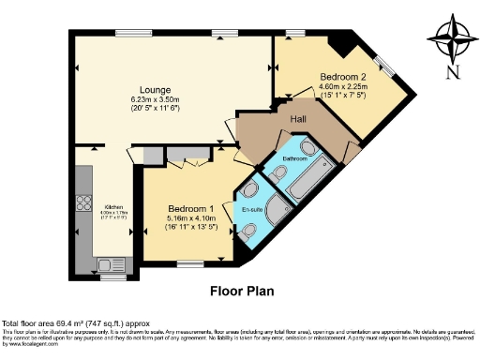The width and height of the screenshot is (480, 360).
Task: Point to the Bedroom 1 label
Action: (x=192, y=208)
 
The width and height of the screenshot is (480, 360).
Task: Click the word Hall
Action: (x=298, y=120)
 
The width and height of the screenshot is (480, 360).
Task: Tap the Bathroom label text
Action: (x=297, y=159)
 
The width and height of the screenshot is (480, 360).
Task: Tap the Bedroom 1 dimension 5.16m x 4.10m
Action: (x=192, y=218)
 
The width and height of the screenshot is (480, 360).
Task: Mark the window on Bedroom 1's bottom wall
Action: (x=190, y=262)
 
